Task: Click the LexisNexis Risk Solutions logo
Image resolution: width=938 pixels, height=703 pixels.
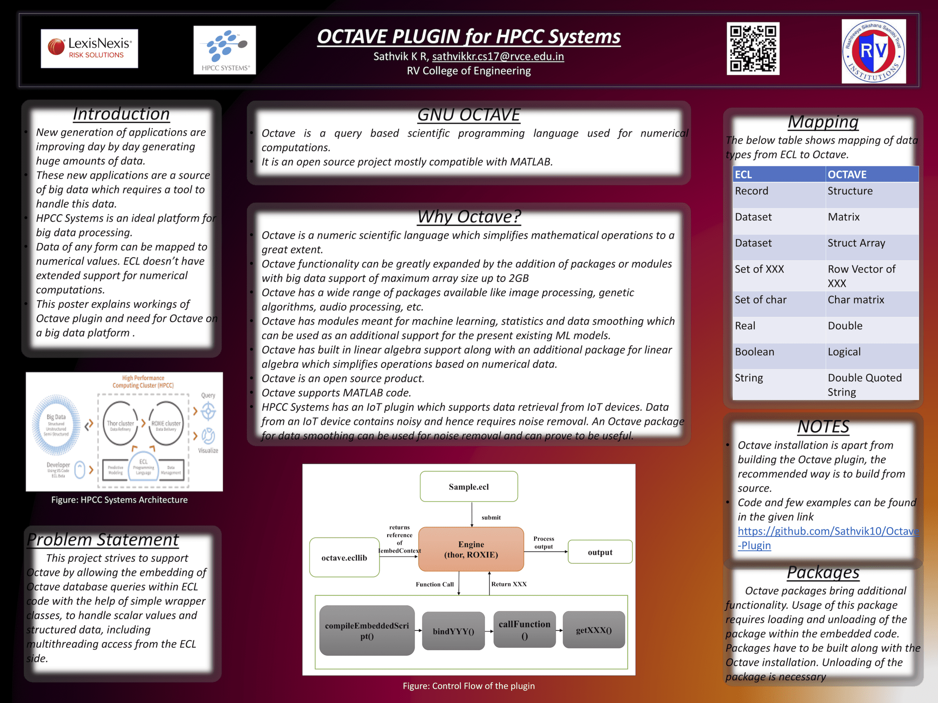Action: tap(89, 49)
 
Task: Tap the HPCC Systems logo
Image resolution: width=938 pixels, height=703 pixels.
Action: tap(224, 50)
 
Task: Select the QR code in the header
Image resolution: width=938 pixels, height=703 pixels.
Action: tap(753, 49)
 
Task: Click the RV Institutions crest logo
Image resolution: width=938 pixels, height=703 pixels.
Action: tap(874, 51)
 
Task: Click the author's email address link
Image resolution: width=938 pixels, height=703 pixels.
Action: tap(498, 56)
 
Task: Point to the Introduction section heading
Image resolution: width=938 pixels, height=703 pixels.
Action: tap(121, 114)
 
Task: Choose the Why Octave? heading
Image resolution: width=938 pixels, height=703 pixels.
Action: tap(469, 216)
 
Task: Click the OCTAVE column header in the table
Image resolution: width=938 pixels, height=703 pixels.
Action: tap(847, 175)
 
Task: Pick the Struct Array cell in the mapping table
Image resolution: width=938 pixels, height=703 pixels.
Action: tap(856, 243)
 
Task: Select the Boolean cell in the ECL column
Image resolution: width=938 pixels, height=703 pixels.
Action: tap(754, 352)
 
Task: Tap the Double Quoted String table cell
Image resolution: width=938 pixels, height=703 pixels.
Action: tap(864, 385)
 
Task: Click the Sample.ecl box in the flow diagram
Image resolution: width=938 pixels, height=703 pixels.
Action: tap(469, 487)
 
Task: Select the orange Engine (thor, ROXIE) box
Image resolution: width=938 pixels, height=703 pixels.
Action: tap(471, 549)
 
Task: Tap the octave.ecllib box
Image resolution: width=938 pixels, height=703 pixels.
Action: tap(344, 558)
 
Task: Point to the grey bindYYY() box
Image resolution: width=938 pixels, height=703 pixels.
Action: tap(453, 631)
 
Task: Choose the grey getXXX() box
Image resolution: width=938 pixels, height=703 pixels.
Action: tap(593, 630)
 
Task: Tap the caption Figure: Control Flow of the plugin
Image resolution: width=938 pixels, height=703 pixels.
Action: tap(469, 686)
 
